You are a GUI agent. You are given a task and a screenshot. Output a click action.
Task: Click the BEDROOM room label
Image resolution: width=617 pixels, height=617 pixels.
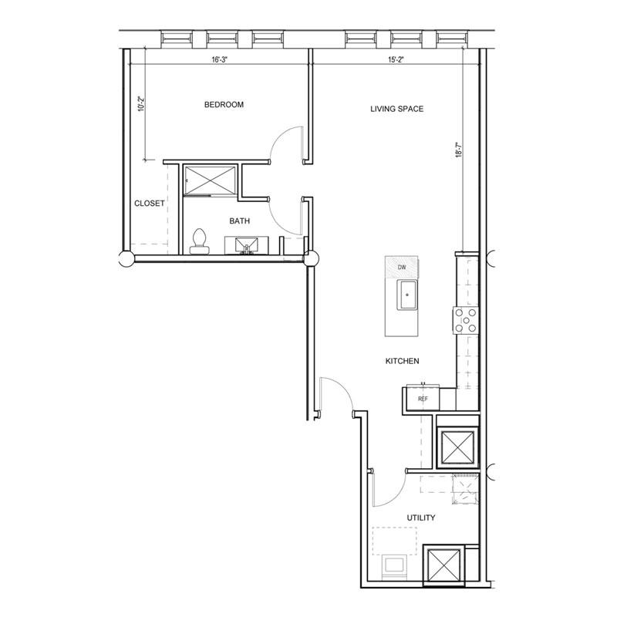pos(224,105)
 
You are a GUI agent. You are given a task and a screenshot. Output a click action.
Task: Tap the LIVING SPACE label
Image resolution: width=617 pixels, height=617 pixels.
pos(396,109)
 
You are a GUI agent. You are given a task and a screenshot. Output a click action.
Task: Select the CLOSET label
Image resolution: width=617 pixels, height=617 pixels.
pos(149,204)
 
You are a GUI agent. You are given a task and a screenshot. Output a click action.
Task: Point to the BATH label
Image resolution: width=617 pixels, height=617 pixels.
pos(240,221)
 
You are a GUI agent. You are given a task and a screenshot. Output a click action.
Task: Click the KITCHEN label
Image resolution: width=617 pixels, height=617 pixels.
pos(402,361)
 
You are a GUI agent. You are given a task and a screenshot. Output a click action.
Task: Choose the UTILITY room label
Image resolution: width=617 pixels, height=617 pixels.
pos(421,518)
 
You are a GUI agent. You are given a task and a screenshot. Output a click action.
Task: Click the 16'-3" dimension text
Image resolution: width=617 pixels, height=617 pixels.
pos(220,60)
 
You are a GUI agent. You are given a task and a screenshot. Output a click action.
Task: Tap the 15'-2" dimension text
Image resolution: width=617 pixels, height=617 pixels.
pos(396,60)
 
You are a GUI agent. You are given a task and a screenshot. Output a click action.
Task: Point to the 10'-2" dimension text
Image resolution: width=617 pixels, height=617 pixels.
pos(142,104)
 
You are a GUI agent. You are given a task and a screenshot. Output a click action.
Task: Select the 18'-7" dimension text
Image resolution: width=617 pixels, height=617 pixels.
pos(459,150)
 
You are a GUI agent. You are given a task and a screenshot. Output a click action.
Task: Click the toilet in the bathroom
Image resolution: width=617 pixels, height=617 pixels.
pos(200,241)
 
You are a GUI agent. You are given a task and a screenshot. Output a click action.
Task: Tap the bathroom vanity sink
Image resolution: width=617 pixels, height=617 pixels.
pos(247,245)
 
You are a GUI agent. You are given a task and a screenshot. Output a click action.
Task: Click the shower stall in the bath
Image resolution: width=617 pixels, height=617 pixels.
pos(211,180)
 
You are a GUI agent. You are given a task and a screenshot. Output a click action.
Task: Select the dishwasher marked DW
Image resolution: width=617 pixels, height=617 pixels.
pos(401,267)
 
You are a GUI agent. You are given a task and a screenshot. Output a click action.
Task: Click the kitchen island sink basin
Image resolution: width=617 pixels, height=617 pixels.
pos(407,295)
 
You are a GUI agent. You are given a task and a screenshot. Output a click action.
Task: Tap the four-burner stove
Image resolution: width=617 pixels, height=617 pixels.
pos(466,320)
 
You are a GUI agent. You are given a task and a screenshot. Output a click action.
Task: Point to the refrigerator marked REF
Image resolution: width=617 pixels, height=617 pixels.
pos(423,398)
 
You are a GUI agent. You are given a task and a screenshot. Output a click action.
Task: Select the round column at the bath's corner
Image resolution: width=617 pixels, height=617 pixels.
pos(311,259)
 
